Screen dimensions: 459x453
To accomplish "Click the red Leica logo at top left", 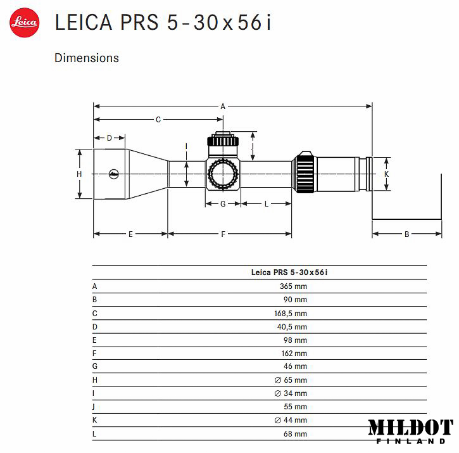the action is click(25, 23).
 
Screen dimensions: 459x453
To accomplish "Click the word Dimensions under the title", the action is click(87, 58).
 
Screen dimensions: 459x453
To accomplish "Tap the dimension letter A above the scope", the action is click(223, 106).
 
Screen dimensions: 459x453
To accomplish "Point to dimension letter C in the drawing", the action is click(158, 120).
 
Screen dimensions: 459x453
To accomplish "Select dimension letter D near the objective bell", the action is click(109, 138).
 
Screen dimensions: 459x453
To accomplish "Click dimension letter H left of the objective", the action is click(79, 174).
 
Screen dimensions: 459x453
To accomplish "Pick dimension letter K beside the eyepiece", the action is click(386, 174).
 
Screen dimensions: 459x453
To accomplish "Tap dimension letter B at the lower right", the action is click(406, 234).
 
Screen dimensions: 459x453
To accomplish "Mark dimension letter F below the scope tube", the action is click(223, 234).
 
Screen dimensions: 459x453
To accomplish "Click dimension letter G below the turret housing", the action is click(223, 204).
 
